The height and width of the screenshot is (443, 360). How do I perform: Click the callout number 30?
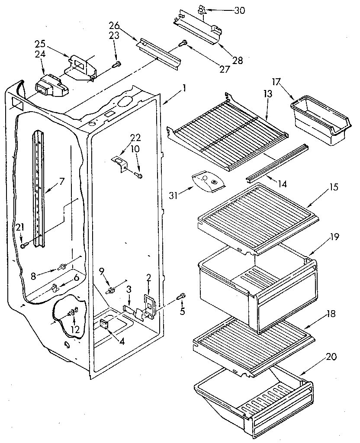click(x=239, y=10)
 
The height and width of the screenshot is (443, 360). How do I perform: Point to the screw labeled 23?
click(x=117, y=65)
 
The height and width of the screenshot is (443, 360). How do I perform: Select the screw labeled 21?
click(x=23, y=245)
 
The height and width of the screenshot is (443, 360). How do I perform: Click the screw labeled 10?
click(x=138, y=176)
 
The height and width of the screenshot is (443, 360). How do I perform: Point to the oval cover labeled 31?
click(x=209, y=181)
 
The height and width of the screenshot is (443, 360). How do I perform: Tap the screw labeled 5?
click(x=182, y=295)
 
